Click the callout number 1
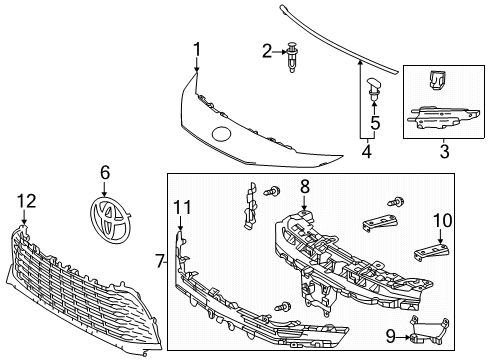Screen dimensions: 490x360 pos(197,49)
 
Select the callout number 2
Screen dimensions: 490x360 pos(267,52)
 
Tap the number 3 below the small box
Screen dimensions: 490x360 pos(444,151)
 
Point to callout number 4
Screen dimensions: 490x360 pos(366,151)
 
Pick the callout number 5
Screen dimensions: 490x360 pos(375,123)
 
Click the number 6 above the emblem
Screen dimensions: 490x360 pos(105,173)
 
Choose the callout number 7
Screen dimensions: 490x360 pos(160,261)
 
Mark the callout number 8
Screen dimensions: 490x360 pos(305,187)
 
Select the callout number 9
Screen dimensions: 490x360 pos(391,336)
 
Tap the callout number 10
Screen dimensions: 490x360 pos(442,220)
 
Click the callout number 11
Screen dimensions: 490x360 pos(182,208)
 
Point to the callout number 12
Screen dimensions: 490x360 pos(27,201)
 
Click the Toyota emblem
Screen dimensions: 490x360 pos(111,220)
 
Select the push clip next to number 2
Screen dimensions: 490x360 pos(292,57)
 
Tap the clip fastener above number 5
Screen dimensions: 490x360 pos(374,89)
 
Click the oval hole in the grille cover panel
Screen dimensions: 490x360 pos(222,133)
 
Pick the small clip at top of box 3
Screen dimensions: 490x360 pos(436,80)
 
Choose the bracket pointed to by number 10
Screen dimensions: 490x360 pos(432,252)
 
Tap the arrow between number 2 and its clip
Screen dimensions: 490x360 pos(279,52)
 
